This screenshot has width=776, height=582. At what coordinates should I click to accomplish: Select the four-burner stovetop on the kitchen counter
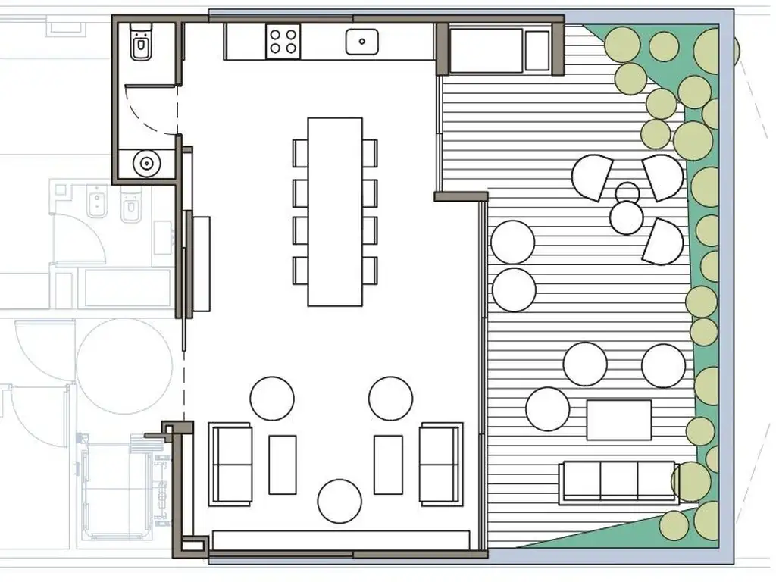pos(283,40)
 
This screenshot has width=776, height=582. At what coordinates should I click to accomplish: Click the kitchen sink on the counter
pos(362,41)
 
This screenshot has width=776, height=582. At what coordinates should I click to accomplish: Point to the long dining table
pos(335,211)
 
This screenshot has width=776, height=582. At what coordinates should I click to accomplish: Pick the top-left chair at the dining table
pos(300,152)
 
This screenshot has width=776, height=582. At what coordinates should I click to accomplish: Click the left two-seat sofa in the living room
pos(231,463)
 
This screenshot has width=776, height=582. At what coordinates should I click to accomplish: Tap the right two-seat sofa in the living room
pos(440,463)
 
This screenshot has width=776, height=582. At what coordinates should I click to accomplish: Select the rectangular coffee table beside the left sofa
pos(283,464)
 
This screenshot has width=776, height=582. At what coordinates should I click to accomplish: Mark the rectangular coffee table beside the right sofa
pos(388,464)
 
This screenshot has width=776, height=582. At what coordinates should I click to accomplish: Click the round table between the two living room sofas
pos(339,501)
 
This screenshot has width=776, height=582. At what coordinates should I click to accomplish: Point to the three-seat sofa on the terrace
pos(618,482)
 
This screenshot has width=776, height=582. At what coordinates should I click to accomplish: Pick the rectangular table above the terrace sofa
pos(618,420)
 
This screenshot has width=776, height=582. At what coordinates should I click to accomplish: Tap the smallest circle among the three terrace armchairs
pos(627,192)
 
